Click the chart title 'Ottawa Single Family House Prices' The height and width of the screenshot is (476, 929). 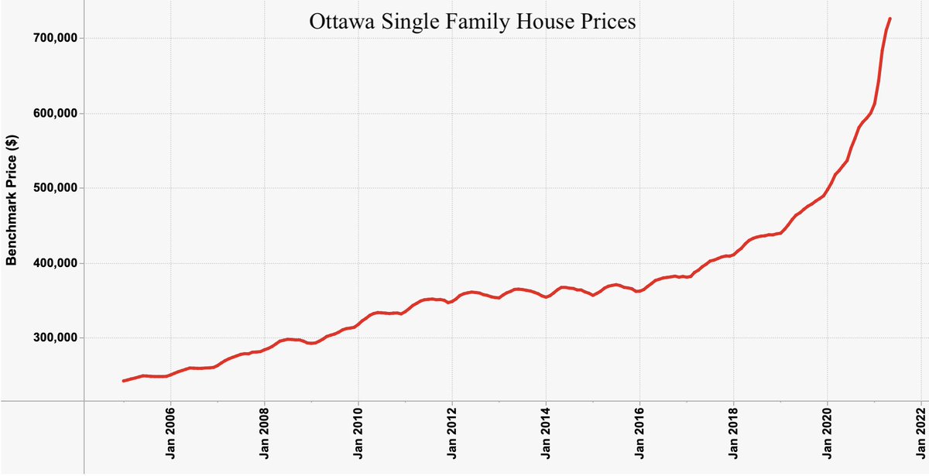pos(472,22)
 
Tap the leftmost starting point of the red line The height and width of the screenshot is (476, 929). pos(124,381)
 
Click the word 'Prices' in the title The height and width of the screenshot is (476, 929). pos(608,22)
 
